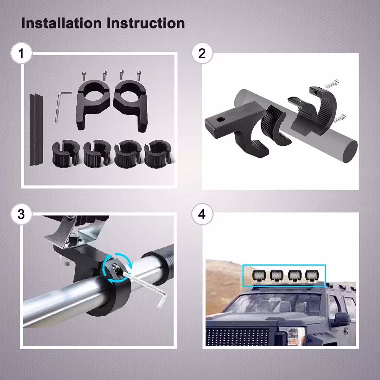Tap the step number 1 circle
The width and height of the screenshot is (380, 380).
click(21, 54)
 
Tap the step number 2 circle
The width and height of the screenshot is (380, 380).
click(202, 54)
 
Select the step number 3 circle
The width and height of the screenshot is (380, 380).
click(21, 214)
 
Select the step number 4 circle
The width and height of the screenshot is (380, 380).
click(202, 214)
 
